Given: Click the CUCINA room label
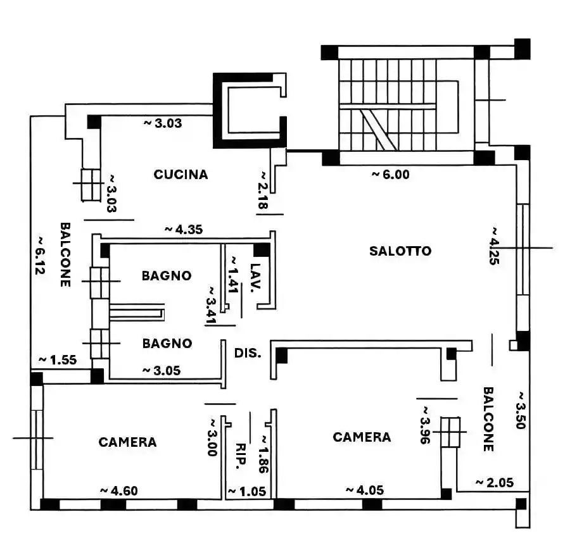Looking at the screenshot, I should point(181,175).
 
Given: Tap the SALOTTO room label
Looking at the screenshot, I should point(400,251).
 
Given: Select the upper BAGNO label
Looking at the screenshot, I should point(167,276).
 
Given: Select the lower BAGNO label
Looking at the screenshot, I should point(167,344).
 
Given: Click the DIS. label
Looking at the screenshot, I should point(248,353).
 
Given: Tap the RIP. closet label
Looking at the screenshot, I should point(241,455).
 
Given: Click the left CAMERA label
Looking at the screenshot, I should point(127,442).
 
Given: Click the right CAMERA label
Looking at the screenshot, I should point(362,437).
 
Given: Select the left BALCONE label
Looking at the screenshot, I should point(65,254).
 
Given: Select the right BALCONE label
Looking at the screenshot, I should point(488,419).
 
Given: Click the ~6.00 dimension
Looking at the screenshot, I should point(390,175).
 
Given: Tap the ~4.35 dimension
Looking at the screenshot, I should point(183,229).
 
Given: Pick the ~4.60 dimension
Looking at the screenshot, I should point(118,490).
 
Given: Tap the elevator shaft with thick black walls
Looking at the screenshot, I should point(250,110).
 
